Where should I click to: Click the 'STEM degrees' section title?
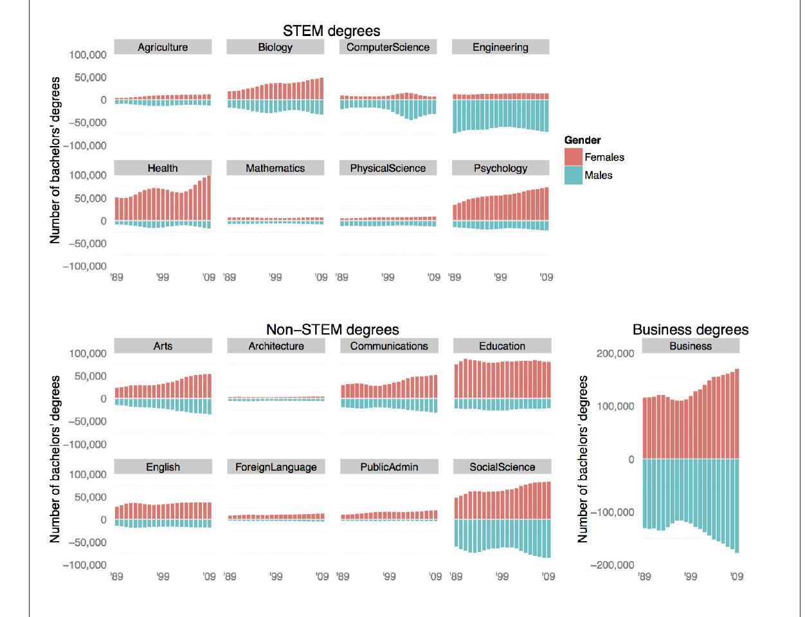[x=331, y=31]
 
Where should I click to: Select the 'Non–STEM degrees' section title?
[x=332, y=329]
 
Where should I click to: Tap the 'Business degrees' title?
[x=691, y=329]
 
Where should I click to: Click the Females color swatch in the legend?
[x=573, y=157]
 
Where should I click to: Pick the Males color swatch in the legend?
[x=573, y=175]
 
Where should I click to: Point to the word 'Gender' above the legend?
[x=583, y=140]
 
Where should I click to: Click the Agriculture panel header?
[x=163, y=47]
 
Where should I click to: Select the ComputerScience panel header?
[x=388, y=47]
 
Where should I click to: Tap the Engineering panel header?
[x=500, y=47]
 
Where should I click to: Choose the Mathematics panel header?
[x=275, y=168]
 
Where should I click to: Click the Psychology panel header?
[x=500, y=168]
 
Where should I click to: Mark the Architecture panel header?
[x=276, y=346]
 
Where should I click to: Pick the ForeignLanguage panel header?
[x=276, y=467]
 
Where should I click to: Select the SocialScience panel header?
[x=502, y=467]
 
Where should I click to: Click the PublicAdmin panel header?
[x=389, y=467]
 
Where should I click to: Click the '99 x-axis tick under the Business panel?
[x=691, y=576]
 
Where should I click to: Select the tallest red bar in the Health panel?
[x=208, y=198]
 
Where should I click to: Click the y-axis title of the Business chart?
[x=583, y=459]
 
